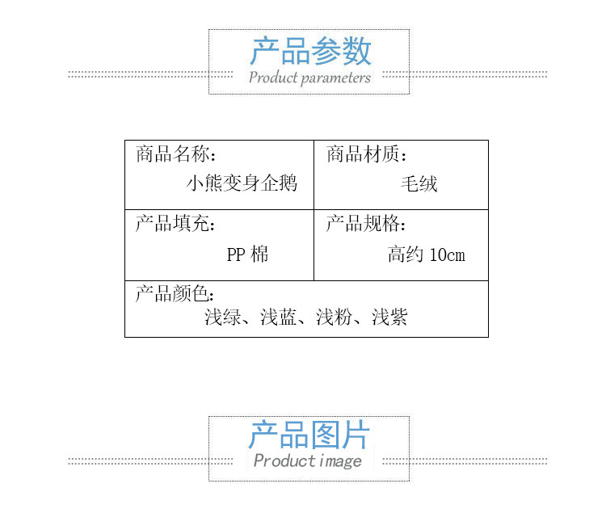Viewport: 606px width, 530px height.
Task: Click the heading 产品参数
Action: pyautogui.click(x=309, y=51)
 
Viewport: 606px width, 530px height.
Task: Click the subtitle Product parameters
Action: pyautogui.click(x=309, y=78)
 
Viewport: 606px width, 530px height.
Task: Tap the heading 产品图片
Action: pyautogui.click(x=309, y=435)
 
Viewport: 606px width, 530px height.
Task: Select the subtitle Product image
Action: pyautogui.click(x=308, y=461)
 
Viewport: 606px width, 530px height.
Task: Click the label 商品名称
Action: pyautogui.click(x=175, y=154)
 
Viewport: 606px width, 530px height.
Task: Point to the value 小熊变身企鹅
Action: pyautogui.click(x=242, y=183)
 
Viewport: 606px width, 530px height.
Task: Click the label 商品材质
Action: pyautogui.click(x=365, y=154)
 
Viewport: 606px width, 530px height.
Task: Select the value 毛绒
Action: pyautogui.click(x=419, y=183)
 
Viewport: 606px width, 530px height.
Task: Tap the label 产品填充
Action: pyautogui.click(x=175, y=224)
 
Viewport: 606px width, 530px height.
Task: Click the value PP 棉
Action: pyautogui.click(x=247, y=255)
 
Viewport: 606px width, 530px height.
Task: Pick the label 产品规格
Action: pyautogui.click(x=365, y=224)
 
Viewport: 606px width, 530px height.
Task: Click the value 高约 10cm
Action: pyautogui.click(x=426, y=255)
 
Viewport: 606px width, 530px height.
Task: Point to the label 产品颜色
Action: pyautogui.click(x=175, y=293)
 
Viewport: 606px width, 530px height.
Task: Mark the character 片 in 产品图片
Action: pyautogui.click(x=355, y=435)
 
